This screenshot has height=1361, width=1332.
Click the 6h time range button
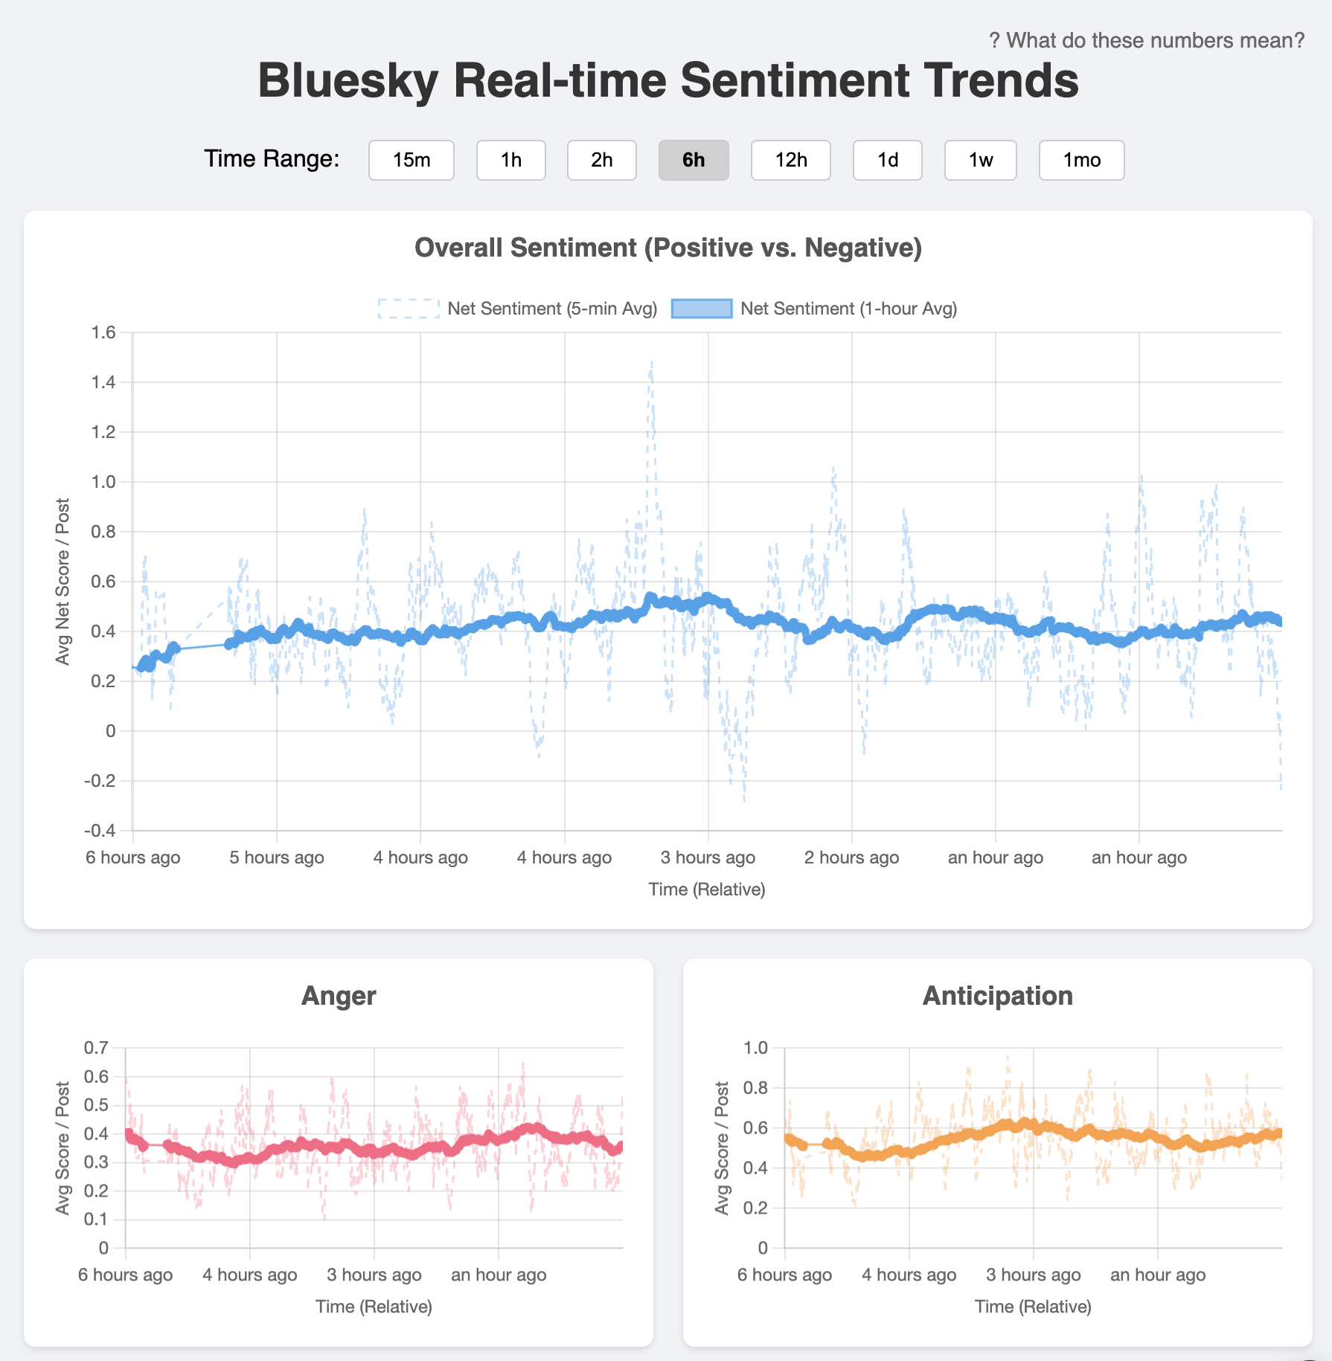[693, 160]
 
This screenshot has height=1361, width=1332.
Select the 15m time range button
[411, 160]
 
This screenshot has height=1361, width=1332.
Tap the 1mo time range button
[1080, 160]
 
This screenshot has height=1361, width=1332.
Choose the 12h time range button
[790, 160]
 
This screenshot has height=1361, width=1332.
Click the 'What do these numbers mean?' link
[1147, 40]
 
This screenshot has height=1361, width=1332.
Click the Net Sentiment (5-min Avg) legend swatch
[409, 309]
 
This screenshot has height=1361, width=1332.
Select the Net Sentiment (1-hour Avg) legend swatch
[702, 309]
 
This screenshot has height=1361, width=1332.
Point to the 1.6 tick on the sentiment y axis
[103, 332]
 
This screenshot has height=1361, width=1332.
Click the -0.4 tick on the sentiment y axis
[100, 830]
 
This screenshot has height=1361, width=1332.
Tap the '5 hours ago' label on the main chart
[276, 858]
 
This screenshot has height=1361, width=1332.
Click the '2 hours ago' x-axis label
[851, 858]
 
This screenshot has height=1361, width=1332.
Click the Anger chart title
[339, 996]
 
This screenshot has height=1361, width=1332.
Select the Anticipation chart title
[997, 996]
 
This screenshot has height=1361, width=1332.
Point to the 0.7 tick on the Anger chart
[96, 1048]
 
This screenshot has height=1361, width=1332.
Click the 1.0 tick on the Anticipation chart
[755, 1048]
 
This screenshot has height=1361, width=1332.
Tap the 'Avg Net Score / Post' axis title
[63, 581]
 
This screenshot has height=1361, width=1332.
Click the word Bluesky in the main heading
[348, 80]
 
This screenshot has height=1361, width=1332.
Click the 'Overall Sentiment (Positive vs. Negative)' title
[667, 248]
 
